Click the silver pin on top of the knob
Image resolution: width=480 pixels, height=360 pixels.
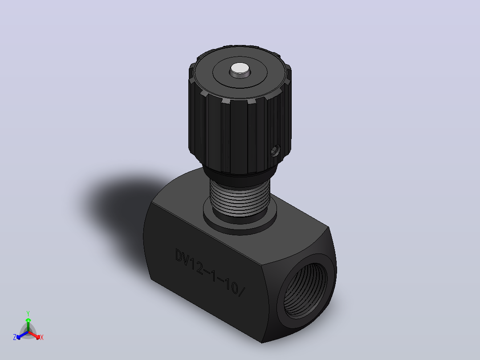click(x=240, y=70)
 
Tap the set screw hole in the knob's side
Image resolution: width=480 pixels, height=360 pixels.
click(x=275, y=151)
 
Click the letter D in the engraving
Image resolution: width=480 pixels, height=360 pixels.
click(x=179, y=255)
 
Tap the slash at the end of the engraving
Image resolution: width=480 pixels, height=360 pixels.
click(x=241, y=291)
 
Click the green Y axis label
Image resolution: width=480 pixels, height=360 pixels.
click(x=28, y=313)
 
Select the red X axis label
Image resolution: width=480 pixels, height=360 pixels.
click(x=42, y=337)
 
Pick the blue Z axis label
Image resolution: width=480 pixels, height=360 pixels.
click(x=15, y=337)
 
